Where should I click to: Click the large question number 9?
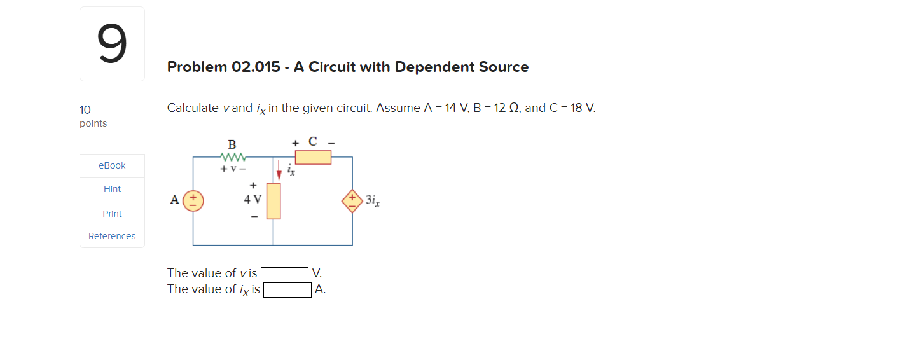112,44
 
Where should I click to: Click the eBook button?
112,165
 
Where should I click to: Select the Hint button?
112,189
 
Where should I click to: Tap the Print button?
112,214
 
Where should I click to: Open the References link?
112,236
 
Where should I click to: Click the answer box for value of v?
284,274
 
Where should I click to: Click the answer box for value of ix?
287,290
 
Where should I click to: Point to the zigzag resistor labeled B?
232,156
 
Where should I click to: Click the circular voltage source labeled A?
193,200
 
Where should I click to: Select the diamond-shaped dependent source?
352,200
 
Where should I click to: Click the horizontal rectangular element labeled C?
313,157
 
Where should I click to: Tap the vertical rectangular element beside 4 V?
273,200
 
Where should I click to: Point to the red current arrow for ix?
279,170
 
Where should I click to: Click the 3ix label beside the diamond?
373,200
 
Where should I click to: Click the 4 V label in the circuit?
253,199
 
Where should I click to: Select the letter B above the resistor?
232,144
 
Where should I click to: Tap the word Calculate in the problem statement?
193,108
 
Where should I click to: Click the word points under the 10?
93,123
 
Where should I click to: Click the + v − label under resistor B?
232,169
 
